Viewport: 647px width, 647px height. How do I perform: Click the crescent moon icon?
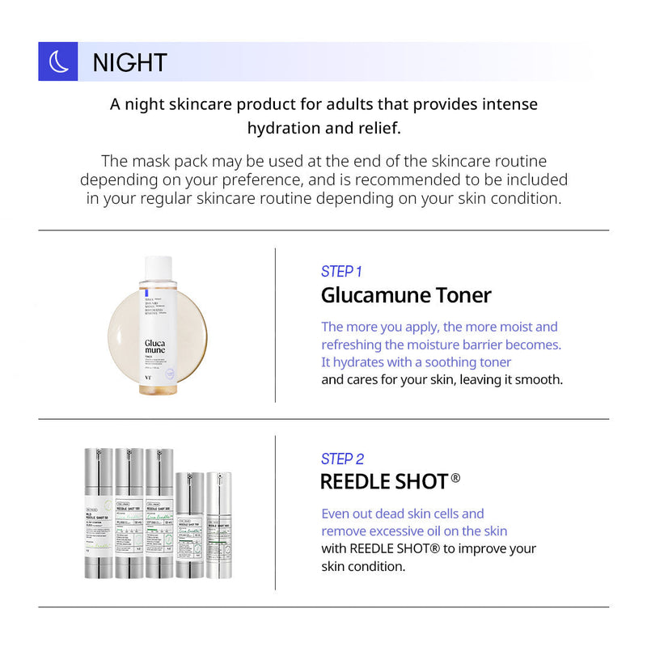(58, 61)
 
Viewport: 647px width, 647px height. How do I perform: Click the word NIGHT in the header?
(129, 62)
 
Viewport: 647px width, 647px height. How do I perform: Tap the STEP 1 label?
(341, 272)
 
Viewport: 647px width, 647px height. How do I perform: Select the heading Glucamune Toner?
(406, 295)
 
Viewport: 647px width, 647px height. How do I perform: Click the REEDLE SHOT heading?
(384, 482)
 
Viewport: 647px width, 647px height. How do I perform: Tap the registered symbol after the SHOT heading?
(455, 479)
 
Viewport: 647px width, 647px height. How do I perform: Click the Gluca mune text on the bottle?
(157, 347)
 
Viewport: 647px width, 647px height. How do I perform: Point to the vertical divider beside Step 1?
(275, 324)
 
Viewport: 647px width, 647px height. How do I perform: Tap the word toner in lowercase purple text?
(493, 362)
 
